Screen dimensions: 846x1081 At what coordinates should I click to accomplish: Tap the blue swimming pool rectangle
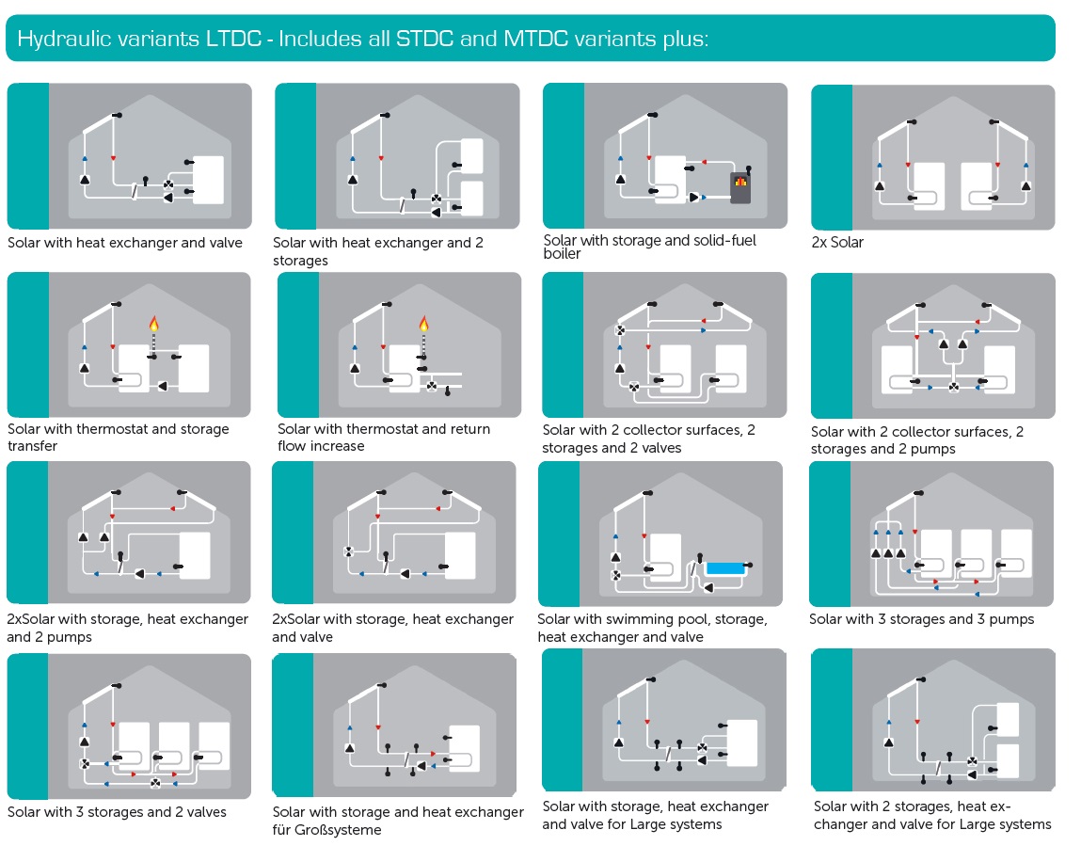click(x=724, y=568)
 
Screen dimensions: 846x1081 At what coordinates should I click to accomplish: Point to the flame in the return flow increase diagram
click(x=423, y=326)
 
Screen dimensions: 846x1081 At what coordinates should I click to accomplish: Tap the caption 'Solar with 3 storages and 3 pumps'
click(x=921, y=619)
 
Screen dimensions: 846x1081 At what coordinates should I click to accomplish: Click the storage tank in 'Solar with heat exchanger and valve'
click(x=208, y=179)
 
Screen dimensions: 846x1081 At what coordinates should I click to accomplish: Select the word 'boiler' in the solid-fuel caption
click(x=563, y=254)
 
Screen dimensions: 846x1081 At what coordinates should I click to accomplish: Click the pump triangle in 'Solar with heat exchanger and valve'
click(x=84, y=178)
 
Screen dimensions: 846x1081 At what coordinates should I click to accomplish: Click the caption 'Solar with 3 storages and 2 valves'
click(x=117, y=812)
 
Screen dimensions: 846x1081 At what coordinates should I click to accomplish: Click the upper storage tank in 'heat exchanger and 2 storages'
click(x=470, y=155)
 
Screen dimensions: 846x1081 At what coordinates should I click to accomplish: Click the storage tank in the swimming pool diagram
click(x=665, y=555)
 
